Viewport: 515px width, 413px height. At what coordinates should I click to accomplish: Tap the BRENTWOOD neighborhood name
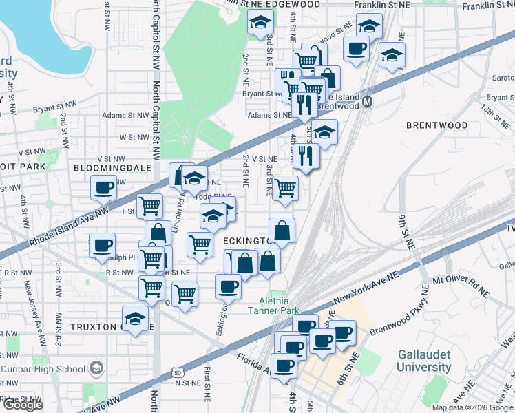point(437,125)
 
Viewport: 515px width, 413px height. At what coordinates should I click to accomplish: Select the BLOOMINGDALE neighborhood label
point(107,167)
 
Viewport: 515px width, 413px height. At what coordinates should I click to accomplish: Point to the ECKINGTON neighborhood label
point(249,240)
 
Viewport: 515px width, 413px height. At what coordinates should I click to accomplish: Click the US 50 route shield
point(178,372)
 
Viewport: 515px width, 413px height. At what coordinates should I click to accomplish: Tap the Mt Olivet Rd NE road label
point(461,288)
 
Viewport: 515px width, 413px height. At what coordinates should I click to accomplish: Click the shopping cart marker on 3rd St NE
point(285,187)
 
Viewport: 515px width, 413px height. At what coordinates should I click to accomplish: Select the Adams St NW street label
point(125,116)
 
